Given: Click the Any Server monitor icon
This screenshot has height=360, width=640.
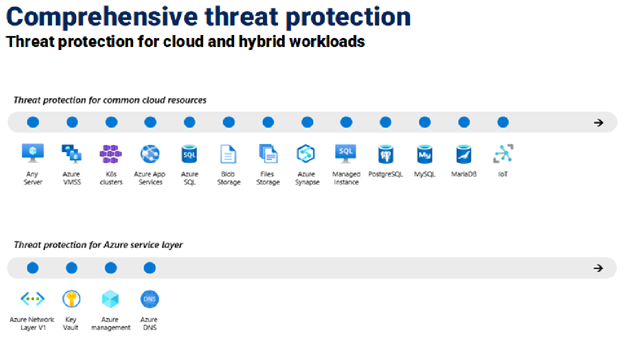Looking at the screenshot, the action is click(x=33, y=153).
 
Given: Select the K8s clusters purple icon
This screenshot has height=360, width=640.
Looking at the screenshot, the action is click(x=110, y=154).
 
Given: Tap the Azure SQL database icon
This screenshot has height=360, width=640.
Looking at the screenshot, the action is click(x=189, y=154).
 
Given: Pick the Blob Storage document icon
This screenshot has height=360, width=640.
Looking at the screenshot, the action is click(x=228, y=154).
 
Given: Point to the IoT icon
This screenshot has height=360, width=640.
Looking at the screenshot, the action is click(x=503, y=153).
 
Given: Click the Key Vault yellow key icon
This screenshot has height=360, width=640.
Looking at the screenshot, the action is click(x=71, y=299).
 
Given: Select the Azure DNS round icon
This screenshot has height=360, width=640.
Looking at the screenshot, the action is click(x=149, y=299).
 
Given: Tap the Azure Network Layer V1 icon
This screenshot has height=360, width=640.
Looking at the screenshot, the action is click(x=32, y=299).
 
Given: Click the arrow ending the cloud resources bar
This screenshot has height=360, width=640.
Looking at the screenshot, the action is click(x=598, y=122).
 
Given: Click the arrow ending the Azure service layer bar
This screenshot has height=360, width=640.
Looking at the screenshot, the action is click(x=598, y=268).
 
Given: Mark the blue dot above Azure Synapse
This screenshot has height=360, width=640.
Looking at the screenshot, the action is click(x=307, y=122).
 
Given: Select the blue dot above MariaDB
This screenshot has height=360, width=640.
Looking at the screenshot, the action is click(x=464, y=122).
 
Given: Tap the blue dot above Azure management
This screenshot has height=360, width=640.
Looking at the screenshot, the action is click(x=110, y=268).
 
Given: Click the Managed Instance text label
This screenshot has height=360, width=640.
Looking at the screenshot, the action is click(x=346, y=178).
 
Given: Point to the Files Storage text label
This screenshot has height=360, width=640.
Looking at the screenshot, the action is click(x=267, y=178).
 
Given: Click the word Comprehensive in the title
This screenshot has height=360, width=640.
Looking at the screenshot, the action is click(x=102, y=17).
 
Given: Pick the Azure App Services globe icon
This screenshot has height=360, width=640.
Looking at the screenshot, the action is click(x=149, y=154).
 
